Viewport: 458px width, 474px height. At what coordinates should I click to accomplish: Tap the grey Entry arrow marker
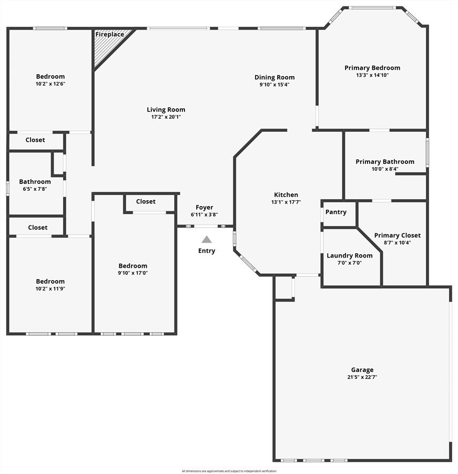(x=207, y=239)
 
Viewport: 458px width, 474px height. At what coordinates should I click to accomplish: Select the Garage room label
(x=362, y=370)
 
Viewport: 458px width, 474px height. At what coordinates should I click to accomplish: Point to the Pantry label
(x=336, y=212)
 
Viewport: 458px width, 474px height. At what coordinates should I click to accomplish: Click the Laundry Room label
(x=350, y=256)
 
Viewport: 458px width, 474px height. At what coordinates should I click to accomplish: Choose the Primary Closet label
(x=398, y=235)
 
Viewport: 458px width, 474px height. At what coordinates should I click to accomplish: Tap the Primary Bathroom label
(x=385, y=162)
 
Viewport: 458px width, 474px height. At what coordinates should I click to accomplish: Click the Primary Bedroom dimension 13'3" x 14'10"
(x=372, y=75)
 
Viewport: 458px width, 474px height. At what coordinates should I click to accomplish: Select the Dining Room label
(x=274, y=77)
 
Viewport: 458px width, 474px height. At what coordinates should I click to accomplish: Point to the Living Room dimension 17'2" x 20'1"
(x=166, y=117)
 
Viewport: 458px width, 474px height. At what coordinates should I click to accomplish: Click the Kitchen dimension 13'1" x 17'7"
(x=286, y=202)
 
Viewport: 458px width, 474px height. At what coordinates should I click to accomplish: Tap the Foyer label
(x=205, y=208)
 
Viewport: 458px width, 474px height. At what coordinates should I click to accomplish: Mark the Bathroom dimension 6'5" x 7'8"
(x=35, y=189)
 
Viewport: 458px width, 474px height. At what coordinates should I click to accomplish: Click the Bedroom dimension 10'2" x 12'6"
(x=50, y=84)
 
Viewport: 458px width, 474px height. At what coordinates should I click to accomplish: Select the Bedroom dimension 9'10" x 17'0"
(x=133, y=273)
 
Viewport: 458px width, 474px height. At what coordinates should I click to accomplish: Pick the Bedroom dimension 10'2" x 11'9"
(x=50, y=288)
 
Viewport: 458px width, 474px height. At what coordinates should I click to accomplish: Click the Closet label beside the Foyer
(x=146, y=202)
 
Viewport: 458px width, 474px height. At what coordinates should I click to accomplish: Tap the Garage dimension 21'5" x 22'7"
(x=362, y=377)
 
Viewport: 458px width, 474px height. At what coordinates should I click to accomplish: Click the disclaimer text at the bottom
(x=229, y=471)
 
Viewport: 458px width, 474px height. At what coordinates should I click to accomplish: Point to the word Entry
(x=207, y=251)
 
